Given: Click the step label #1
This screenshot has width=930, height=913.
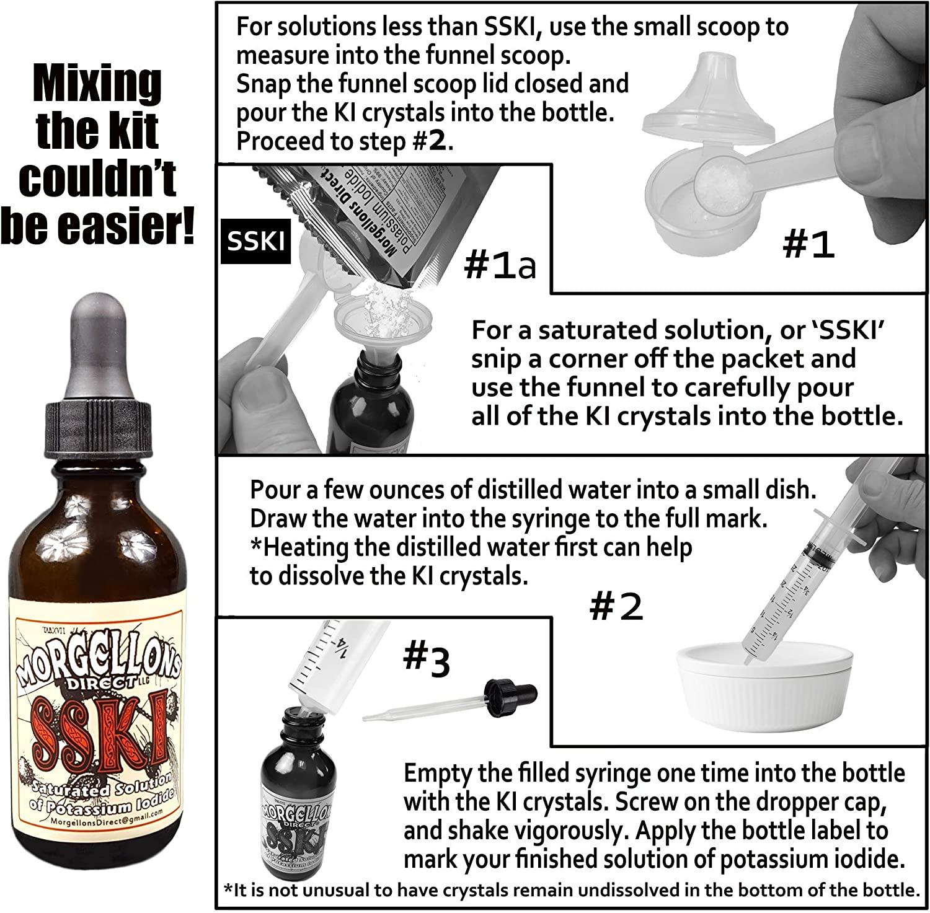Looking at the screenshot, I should point(808,245).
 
